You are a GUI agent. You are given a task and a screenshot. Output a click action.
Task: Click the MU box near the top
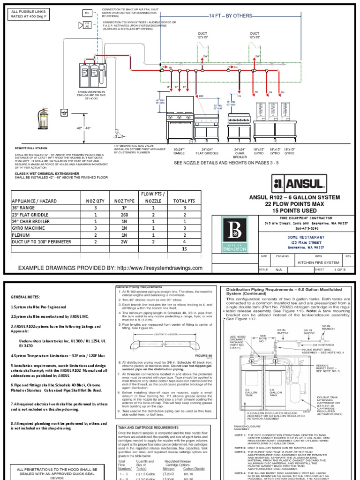click(x=88, y=12)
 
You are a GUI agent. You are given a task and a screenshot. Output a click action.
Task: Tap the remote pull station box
click(x=63, y=112)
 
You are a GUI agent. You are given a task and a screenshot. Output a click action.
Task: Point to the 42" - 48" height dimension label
click(x=84, y=128)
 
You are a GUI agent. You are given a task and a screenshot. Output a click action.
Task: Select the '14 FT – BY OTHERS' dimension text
click(x=231, y=16)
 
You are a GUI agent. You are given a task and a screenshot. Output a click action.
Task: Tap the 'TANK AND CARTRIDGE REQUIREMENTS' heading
click(x=150, y=414)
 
